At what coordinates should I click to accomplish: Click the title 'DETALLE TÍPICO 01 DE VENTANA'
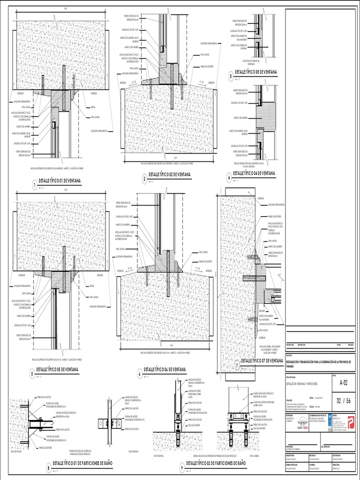click(x=61, y=180)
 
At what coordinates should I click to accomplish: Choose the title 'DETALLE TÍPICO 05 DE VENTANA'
click(x=58, y=370)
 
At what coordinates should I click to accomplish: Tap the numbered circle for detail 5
click(x=32, y=374)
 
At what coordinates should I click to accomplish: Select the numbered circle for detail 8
click(x=48, y=467)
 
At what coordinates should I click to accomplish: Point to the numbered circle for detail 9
click(x=182, y=467)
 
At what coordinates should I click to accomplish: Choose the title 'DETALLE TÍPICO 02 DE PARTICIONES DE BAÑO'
click(x=216, y=463)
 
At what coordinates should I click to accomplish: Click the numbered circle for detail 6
click(x=139, y=374)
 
